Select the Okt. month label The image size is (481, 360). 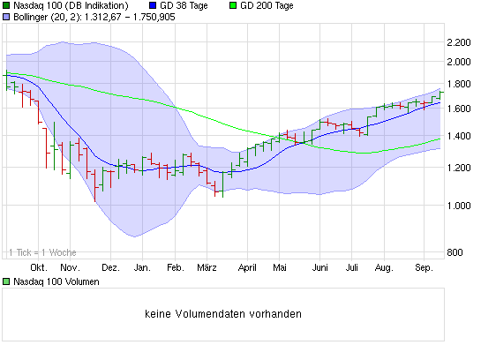[x=39, y=266]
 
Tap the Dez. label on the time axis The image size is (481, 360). [x=110, y=266]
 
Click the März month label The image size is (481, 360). [x=207, y=266]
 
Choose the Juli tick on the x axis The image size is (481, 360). [x=352, y=266]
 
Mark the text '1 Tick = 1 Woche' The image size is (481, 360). [x=41, y=252]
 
